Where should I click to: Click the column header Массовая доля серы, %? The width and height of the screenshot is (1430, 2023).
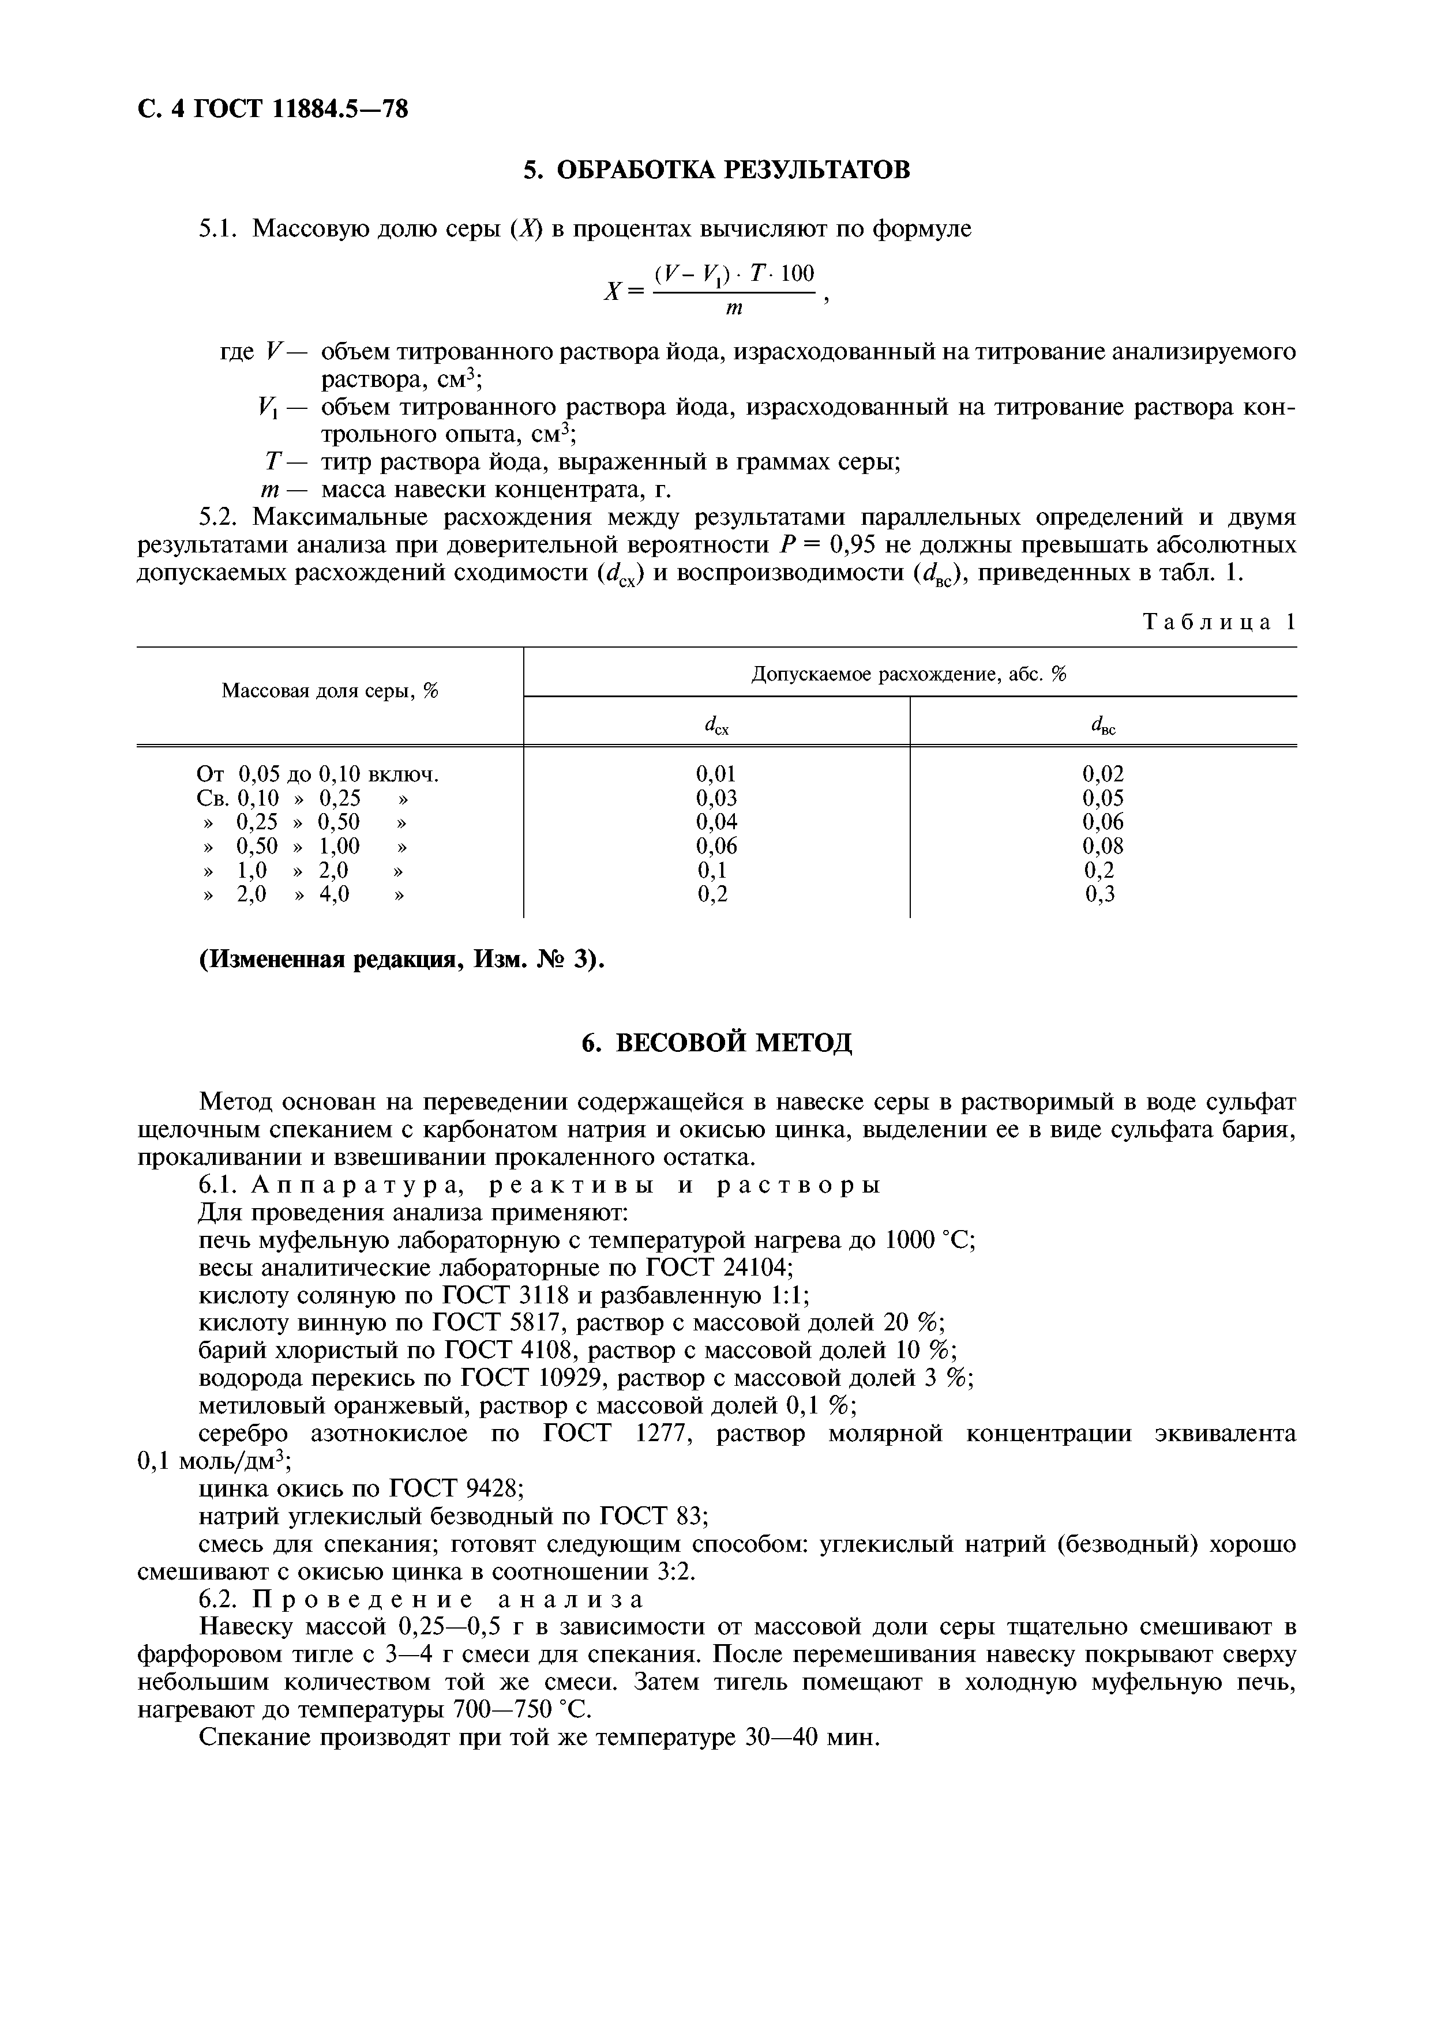[x=329, y=691]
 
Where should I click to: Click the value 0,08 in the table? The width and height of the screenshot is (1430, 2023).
[x=1102, y=846]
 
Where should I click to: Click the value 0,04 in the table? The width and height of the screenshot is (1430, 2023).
[x=715, y=822]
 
